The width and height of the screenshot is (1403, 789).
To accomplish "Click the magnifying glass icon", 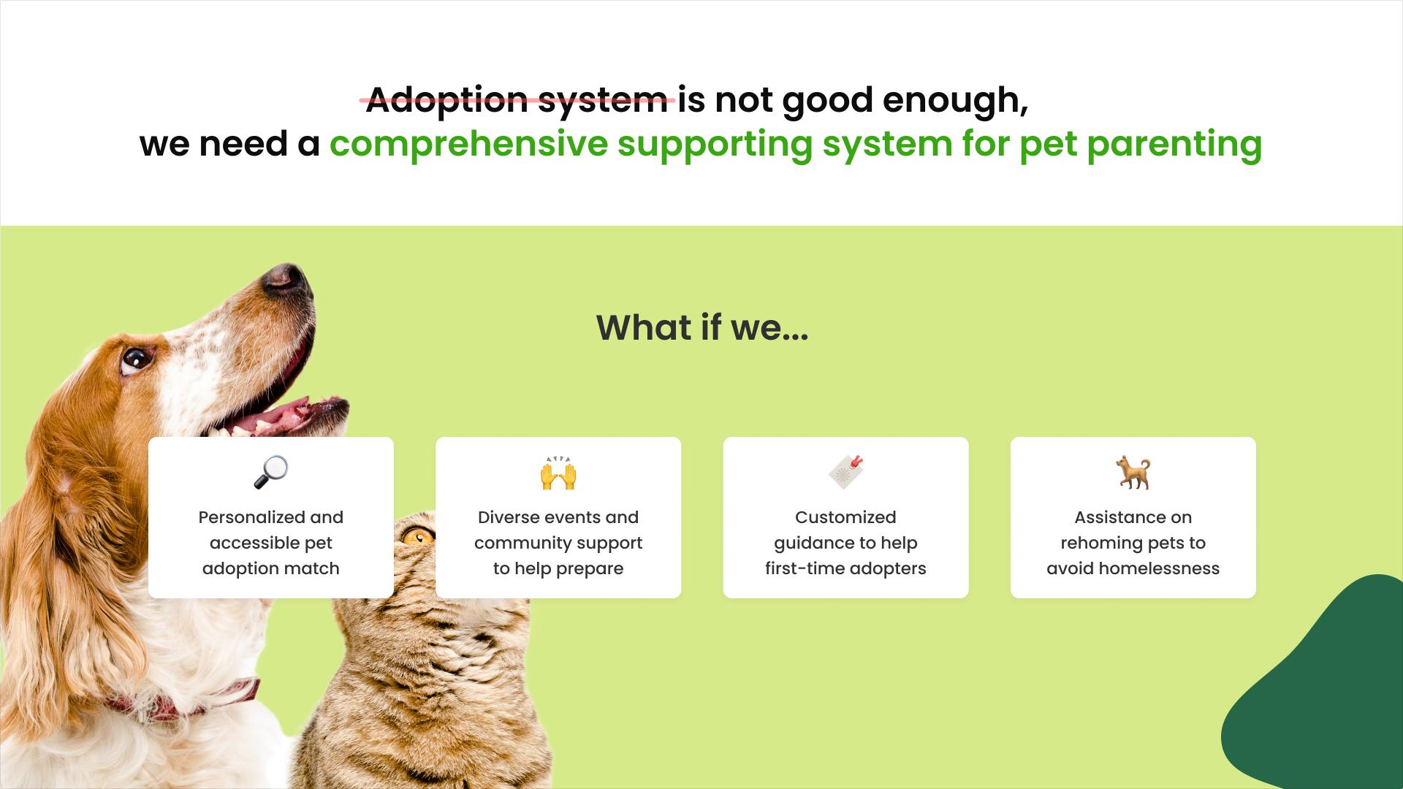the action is pos(271,472).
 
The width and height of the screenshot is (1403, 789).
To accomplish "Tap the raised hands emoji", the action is pos(558,473).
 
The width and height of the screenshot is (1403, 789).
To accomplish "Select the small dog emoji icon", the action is pos(1133,473).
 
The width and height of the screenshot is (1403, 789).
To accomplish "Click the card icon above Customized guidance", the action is pos(846,472).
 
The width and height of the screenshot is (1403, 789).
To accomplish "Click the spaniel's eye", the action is pos(136,359).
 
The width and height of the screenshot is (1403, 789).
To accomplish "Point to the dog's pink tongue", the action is pos(278,417).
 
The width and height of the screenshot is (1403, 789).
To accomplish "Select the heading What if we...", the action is pos(702,327).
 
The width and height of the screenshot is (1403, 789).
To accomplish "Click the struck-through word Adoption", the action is pos(446,100).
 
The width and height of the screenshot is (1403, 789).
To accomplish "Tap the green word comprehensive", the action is pos(468,144).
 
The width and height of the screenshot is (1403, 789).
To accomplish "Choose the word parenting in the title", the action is pos(1174,144).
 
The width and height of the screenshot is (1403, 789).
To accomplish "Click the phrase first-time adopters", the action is pos(845,568).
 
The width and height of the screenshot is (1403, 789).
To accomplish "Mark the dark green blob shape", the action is pos(1323,694).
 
